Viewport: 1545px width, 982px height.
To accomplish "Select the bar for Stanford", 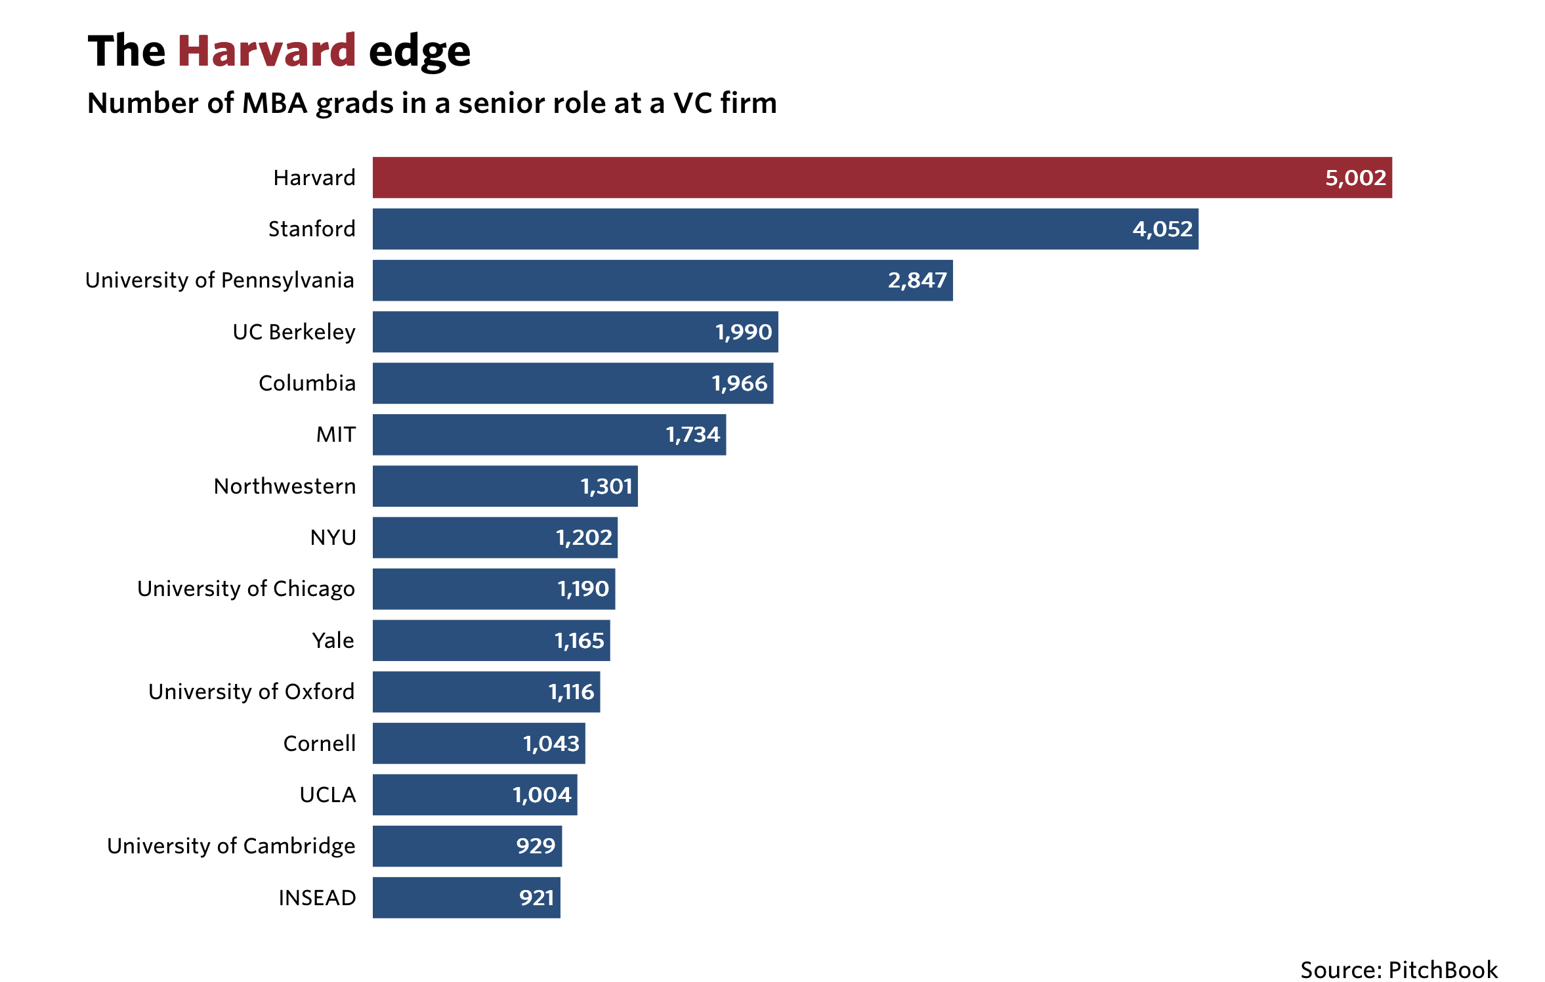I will pyautogui.click(x=755, y=229).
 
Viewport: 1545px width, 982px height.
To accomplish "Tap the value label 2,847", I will pyautogui.click(x=917, y=280).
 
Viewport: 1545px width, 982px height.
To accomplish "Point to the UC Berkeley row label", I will pyautogui.click(x=293, y=332).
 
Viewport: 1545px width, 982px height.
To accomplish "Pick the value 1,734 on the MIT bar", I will pyautogui.click(x=692, y=435).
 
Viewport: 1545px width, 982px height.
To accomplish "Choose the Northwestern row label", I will pyautogui.click(x=285, y=486).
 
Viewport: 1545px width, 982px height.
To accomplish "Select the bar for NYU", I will pyautogui.click(x=459, y=538).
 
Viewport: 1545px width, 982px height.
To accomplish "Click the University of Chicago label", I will pyautogui.click(x=246, y=589).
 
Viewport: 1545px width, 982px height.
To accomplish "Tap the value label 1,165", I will pyautogui.click(x=579, y=641).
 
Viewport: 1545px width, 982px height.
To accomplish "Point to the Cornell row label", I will pyautogui.click(x=320, y=744).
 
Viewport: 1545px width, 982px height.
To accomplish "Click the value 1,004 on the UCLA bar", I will pyautogui.click(x=541, y=795).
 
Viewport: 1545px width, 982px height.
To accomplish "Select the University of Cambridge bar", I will pyautogui.click(x=440, y=846).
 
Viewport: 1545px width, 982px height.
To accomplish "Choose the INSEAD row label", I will pyautogui.click(x=317, y=897).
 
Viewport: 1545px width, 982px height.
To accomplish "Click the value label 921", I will pyautogui.click(x=536, y=897).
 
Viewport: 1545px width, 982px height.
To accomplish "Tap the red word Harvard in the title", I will pyautogui.click(x=266, y=51).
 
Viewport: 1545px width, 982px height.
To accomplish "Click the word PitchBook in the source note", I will pyautogui.click(x=1443, y=970).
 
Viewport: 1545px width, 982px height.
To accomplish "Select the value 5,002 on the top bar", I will pyautogui.click(x=1355, y=178).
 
